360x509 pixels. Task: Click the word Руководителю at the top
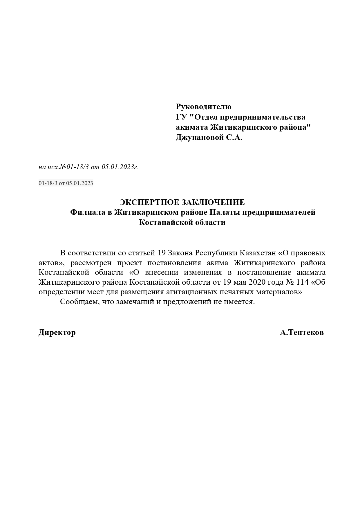point(203,107)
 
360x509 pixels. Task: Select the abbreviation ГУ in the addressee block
point(181,117)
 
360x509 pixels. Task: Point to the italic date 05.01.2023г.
point(120,167)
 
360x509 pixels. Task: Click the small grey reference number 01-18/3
point(48,183)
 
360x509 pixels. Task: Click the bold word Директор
point(57,333)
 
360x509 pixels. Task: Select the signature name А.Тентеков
point(302,333)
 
